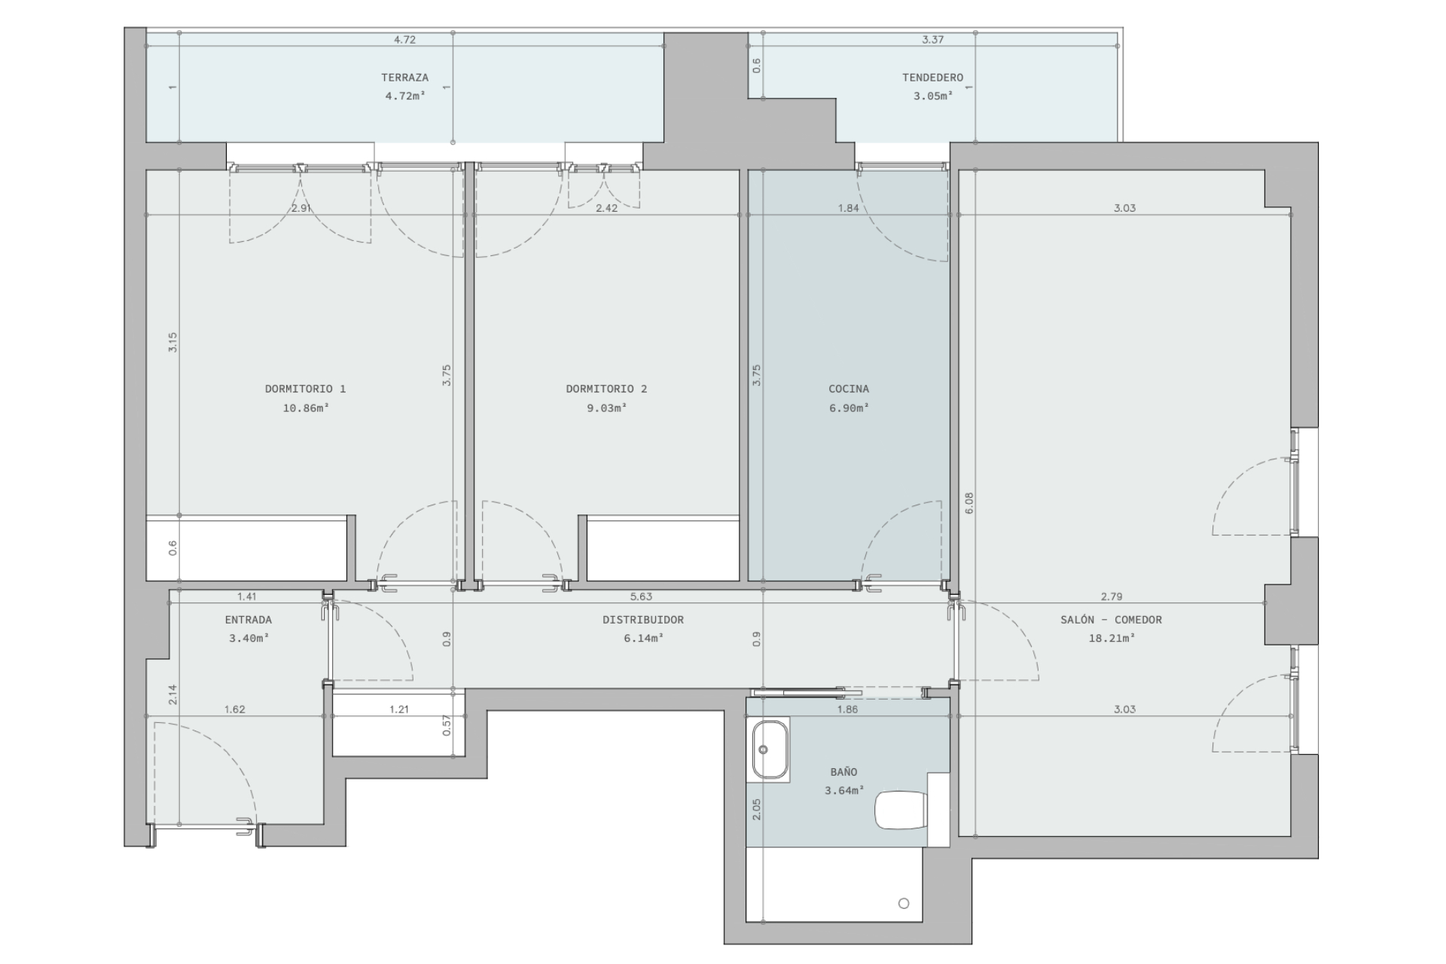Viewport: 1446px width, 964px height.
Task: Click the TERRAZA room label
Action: point(404,78)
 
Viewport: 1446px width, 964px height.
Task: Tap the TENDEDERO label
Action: point(932,78)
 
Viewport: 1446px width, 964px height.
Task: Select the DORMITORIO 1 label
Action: point(305,389)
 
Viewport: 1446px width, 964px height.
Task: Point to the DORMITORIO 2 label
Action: point(606,389)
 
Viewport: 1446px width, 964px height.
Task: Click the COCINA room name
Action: point(849,389)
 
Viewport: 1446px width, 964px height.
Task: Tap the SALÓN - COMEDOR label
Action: point(1111,620)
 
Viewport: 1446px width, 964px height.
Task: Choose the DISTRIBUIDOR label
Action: point(643,620)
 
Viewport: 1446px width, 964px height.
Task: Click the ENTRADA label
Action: point(249,620)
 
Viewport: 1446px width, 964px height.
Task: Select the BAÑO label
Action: point(843,772)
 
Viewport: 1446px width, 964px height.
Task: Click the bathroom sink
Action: point(769,749)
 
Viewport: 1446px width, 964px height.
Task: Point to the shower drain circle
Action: point(904,903)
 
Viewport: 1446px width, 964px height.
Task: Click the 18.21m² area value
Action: point(1111,639)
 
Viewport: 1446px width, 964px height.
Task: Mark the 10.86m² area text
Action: point(305,408)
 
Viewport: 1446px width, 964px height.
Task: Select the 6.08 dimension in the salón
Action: point(969,503)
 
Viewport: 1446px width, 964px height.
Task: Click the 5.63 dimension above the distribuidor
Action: point(641,596)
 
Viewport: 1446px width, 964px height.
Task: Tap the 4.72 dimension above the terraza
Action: point(404,40)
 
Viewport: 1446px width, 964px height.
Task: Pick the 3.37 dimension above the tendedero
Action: point(932,40)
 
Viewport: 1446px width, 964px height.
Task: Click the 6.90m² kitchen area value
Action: point(849,408)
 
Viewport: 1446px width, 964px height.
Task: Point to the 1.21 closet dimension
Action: point(399,709)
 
